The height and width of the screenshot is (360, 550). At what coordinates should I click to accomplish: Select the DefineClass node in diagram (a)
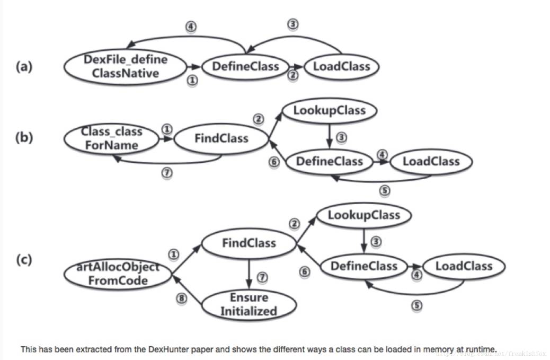245,66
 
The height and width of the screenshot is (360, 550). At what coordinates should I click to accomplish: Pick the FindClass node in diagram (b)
221,139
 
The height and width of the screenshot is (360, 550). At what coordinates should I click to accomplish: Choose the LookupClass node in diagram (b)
329,111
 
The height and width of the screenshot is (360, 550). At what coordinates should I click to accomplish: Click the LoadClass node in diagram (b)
431,161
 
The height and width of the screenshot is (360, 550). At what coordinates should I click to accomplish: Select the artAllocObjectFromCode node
118,274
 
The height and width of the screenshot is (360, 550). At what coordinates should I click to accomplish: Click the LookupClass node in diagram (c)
363,215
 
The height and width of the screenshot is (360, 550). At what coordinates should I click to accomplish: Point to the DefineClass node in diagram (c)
363,266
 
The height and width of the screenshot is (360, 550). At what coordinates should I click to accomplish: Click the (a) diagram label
24,67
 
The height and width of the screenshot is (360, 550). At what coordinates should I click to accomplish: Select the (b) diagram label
24,138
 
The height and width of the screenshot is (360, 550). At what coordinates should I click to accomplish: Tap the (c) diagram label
24,260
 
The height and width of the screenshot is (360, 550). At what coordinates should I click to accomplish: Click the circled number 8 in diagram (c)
182,298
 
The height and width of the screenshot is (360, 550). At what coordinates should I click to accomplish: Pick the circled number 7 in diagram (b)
167,173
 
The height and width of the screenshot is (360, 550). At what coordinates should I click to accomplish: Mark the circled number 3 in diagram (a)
292,24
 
